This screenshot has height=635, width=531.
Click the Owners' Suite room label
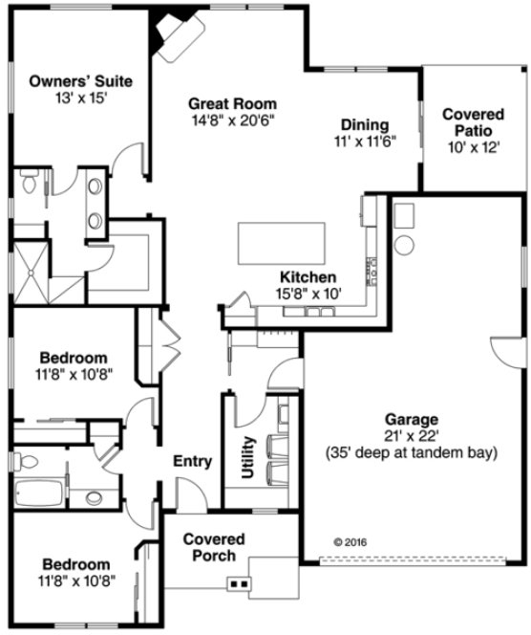coord(79,80)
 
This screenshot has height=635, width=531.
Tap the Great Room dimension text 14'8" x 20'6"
coord(232,120)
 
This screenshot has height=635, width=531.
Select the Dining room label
coord(365,124)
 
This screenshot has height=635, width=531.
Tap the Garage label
coord(412,419)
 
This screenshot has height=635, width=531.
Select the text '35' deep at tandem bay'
coord(412,452)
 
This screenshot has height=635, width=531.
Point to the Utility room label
coord(248,458)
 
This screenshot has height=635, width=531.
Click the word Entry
coord(192,462)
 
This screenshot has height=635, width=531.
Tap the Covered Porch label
coord(214,547)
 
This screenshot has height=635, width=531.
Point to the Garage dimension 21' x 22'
coord(412,435)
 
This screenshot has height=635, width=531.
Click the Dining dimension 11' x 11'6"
coord(365,141)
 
